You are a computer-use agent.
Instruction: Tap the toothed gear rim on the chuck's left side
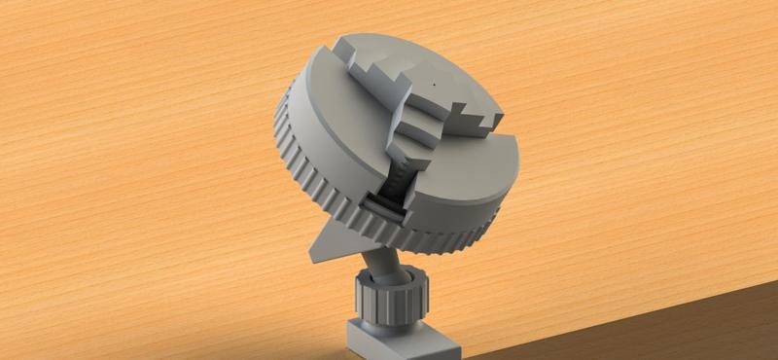pos(292,156)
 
